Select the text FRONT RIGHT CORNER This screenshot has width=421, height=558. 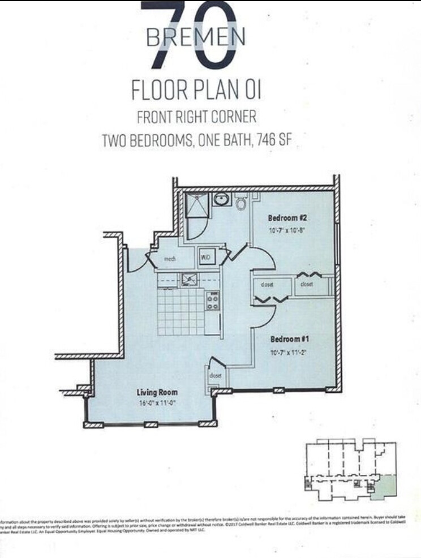coord(196,117)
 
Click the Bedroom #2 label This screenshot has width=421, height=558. coord(287,218)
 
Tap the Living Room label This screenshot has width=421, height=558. coord(157,392)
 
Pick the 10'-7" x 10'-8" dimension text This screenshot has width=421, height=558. coord(287,230)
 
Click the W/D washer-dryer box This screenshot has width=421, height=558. coord(205,257)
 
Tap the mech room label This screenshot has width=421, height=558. coord(169,259)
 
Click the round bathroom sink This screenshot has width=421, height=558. coord(221,200)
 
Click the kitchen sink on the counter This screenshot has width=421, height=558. coord(188,279)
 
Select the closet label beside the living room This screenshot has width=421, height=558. coord(214,375)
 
